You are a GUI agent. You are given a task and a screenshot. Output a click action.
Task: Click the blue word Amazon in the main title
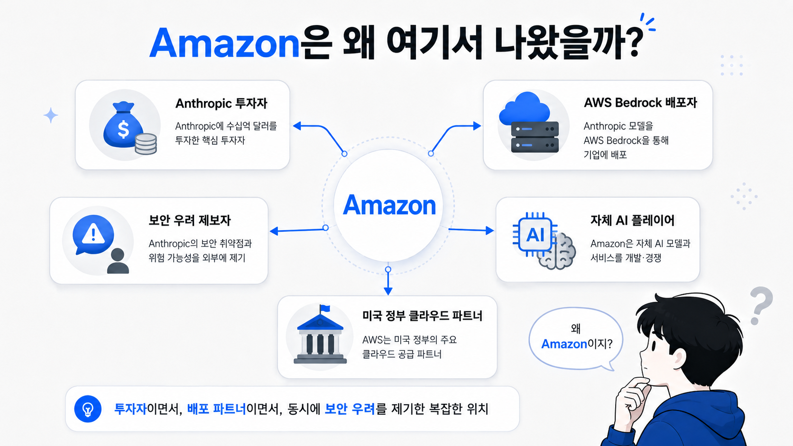coord(225,43)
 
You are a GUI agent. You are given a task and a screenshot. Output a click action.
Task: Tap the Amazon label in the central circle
coord(389,205)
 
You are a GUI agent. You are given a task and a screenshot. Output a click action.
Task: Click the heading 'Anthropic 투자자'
coord(221,104)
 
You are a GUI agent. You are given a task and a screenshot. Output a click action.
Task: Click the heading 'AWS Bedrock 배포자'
coord(640,103)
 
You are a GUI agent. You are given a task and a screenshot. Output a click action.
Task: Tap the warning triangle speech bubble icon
coord(93,234)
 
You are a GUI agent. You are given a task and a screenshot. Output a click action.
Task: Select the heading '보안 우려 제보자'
coord(189,220)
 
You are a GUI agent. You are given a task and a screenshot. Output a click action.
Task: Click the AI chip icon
coord(535,234)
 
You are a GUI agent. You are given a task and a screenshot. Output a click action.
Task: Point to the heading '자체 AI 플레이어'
coord(632,220)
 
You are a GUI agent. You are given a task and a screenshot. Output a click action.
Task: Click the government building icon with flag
coord(320,335)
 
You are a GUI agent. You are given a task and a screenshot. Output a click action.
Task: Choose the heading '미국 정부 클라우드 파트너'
coord(422,316)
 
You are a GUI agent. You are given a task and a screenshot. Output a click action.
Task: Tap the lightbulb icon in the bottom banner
coord(88,409)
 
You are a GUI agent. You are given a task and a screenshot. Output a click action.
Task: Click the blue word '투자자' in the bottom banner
coord(130,409)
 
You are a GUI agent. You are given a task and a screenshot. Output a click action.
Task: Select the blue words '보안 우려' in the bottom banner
coord(350,409)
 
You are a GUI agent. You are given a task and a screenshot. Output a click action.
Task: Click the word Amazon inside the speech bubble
coord(564,344)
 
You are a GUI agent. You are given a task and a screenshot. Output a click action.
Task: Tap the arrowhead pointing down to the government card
coord(388,291)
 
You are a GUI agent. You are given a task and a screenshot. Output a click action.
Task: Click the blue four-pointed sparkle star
coord(51,115)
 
